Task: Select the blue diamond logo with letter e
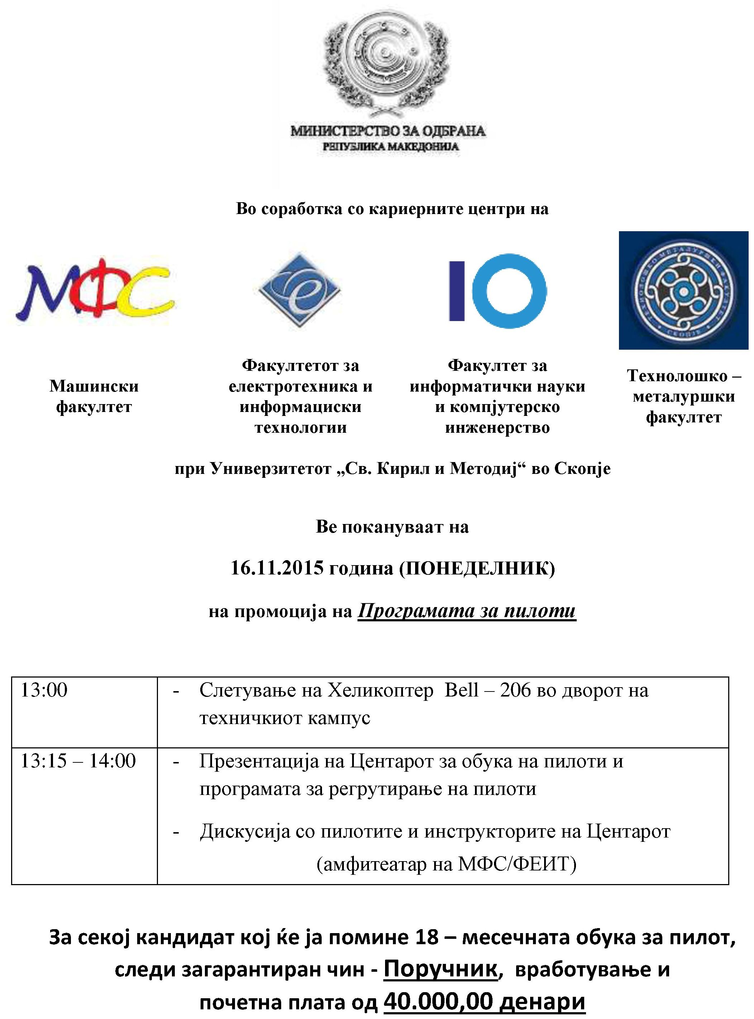299,290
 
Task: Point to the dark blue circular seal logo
683,291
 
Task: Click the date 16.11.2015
277,568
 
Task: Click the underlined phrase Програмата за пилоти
466,611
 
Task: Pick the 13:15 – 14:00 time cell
78,761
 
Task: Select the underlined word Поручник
440,969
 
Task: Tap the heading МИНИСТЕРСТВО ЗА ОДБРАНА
388,131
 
